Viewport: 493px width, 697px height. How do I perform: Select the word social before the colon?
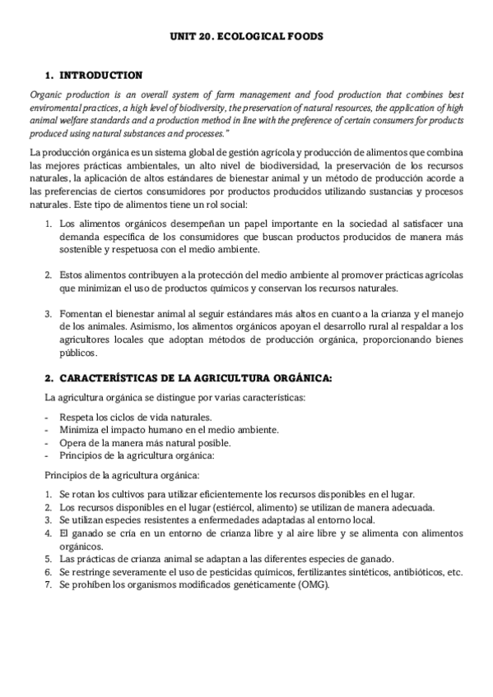[238, 203]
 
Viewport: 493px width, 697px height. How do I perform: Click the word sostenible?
[87, 249]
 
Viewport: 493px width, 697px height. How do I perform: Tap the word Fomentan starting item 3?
[81, 313]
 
